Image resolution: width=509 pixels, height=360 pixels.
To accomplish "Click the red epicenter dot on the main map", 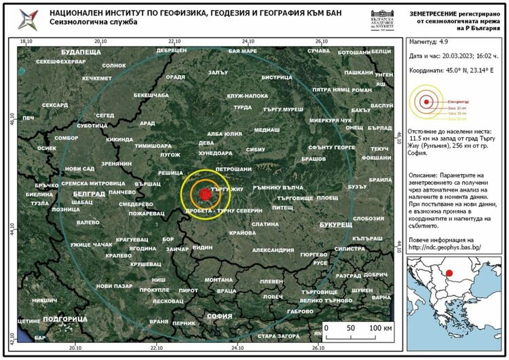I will pyautogui.click(x=206, y=194).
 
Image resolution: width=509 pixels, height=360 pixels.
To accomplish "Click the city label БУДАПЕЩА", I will pyautogui.click(x=80, y=52).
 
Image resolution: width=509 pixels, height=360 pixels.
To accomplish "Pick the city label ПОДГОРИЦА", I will pyautogui.click(x=64, y=318).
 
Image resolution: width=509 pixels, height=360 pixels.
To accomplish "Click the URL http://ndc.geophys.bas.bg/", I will pyautogui.click(x=445, y=247).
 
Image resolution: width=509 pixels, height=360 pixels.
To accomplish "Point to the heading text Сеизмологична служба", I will pyautogui.click(x=93, y=22).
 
